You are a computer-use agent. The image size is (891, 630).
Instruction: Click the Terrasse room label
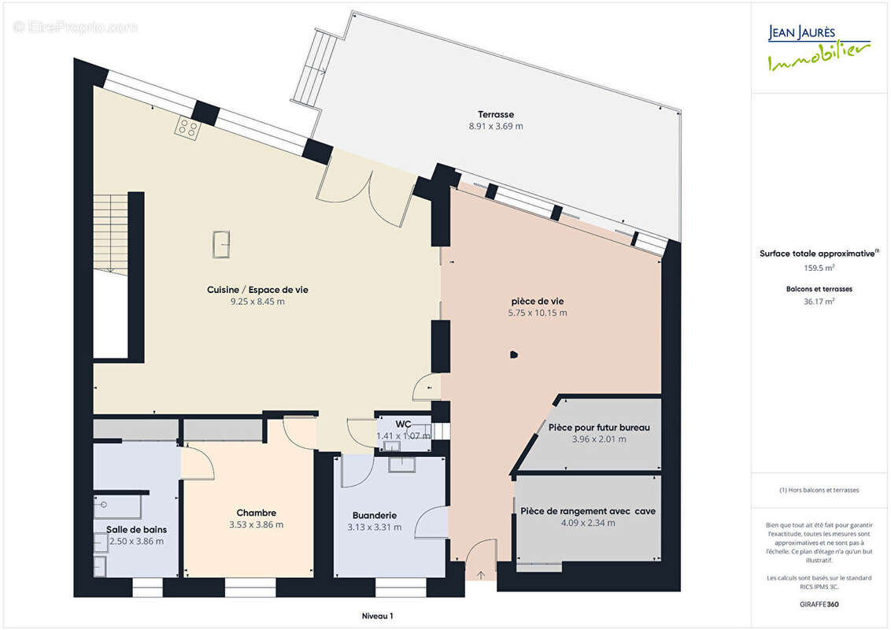tap(496, 114)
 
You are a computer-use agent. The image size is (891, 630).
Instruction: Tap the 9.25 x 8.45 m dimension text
tap(257, 302)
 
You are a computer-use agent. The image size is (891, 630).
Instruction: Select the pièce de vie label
tap(537, 302)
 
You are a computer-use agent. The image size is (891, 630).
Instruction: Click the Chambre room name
tap(257, 513)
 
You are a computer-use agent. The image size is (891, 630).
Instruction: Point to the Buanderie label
tap(375, 516)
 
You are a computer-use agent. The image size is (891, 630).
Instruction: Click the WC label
tap(403, 424)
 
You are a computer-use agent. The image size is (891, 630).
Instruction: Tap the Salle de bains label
tap(136, 529)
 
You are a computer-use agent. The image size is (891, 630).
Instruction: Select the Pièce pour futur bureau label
tap(599, 428)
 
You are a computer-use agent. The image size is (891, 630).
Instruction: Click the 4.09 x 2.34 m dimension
tap(588, 523)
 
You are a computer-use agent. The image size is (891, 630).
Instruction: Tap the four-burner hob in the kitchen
tap(187, 128)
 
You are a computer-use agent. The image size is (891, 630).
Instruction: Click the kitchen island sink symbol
tap(221, 244)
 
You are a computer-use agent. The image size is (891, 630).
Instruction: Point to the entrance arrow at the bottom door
tap(481, 576)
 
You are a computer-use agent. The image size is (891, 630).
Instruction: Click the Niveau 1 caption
tap(377, 616)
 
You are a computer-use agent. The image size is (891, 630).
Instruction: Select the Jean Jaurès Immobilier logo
tap(819, 48)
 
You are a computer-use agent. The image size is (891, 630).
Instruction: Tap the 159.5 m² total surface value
tap(819, 268)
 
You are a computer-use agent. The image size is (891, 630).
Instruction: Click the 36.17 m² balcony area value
tap(819, 302)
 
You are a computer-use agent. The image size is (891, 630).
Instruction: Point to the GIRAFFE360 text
tap(819, 604)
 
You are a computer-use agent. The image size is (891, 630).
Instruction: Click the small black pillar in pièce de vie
tap(514, 355)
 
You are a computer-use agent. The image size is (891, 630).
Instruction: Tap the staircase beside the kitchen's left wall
tap(111, 234)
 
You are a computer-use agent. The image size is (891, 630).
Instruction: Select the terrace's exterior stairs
tap(314, 68)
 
